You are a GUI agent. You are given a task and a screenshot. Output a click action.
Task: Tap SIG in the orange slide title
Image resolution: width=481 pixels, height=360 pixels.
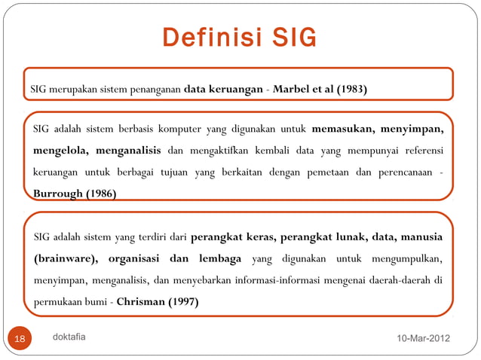(x=290, y=37)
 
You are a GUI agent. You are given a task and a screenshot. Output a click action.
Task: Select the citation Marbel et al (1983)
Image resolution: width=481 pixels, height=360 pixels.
(x=320, y=90)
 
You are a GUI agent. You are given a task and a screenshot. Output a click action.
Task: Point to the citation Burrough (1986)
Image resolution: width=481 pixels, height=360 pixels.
(x=75, y=193)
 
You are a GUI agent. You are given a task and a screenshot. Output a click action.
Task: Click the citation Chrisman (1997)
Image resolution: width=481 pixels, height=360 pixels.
(x=158, y=304)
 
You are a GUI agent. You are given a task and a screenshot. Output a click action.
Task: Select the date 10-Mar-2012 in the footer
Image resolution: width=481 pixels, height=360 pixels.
(x=423, y=339)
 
